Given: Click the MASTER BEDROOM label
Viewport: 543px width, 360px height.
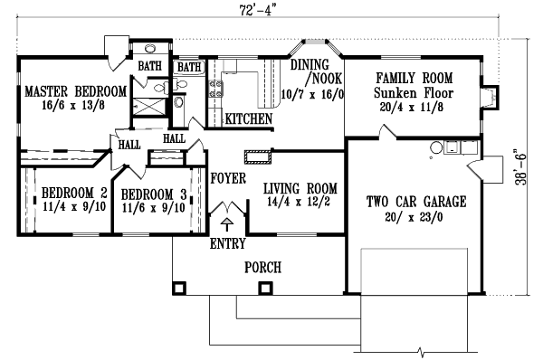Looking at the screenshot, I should (74, 91).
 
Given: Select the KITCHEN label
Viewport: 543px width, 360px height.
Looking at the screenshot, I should (248, 118).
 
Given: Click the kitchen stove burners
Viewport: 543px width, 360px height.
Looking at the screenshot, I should (216, 90).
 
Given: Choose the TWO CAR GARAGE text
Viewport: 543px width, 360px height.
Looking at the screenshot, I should (416, 202).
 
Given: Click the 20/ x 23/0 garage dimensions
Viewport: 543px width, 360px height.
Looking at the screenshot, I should (417, 217).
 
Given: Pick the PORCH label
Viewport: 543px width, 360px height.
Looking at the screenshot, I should (262, 268).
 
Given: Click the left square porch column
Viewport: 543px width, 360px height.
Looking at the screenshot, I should (179, 288).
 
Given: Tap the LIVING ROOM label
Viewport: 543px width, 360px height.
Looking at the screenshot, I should (300, 188).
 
